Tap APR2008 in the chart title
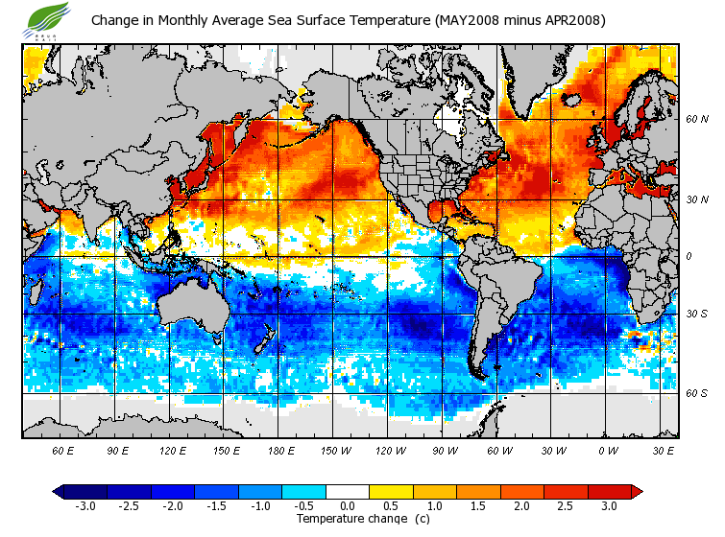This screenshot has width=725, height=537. click(570, 19)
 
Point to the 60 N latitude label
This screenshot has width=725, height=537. click(696, 120)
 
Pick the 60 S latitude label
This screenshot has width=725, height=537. click(696, 393)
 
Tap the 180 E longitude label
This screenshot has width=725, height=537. click(281, 450)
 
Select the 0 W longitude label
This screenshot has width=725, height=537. click(608, 450)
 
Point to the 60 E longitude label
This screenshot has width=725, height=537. click(63, 450)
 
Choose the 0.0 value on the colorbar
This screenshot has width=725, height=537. click(347, 505)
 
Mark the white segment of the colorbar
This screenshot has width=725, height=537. click(347, 492)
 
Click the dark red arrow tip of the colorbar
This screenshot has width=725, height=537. click(636, 492)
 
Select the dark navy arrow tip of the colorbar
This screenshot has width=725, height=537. click(59, 492)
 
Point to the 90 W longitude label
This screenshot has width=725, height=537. click(445, 450)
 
